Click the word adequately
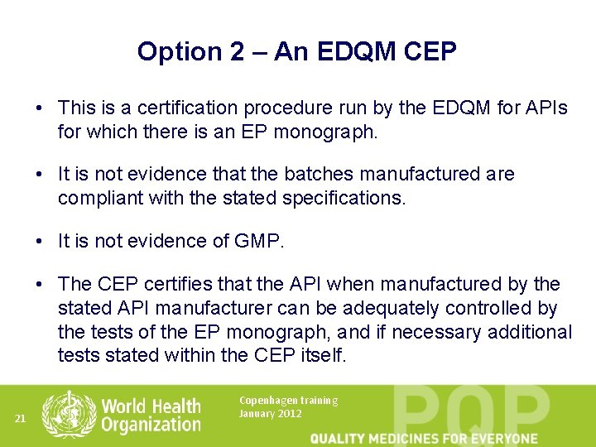[x=393, y=309]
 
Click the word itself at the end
[x=323, y=355]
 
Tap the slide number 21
[x=21, y=419]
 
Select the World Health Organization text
[x=151, y=415]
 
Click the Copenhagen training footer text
[x=288, y=401]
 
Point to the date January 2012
[x=270, y=413]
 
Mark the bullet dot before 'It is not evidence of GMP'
[x=40, y=241]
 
